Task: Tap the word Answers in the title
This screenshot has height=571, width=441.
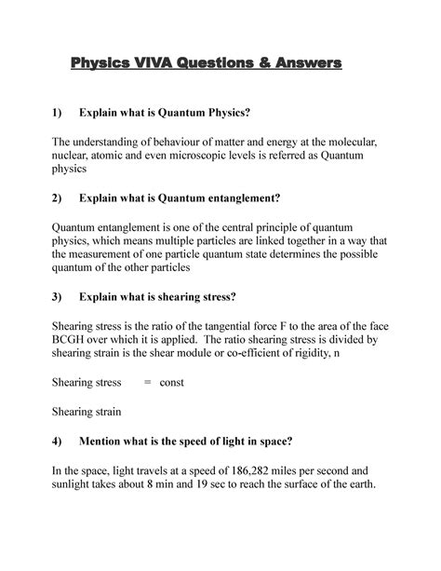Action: click(306, 64)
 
